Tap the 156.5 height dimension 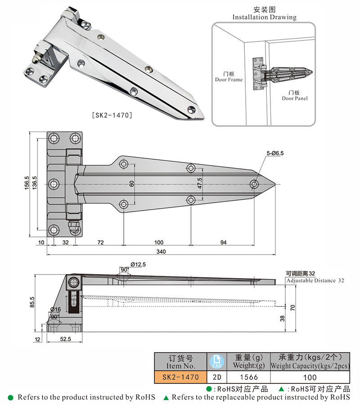[x=27, y=184]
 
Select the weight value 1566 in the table [x=246, y=377]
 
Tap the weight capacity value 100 [x=310, y=377]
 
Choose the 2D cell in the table [x=216, y=377]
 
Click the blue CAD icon [x=216, y=361]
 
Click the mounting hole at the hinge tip [x=254, y=184]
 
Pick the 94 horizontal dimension [x=224, y=243]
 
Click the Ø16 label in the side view [x=55, y=310]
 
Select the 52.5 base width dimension [x=65, y=339]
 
